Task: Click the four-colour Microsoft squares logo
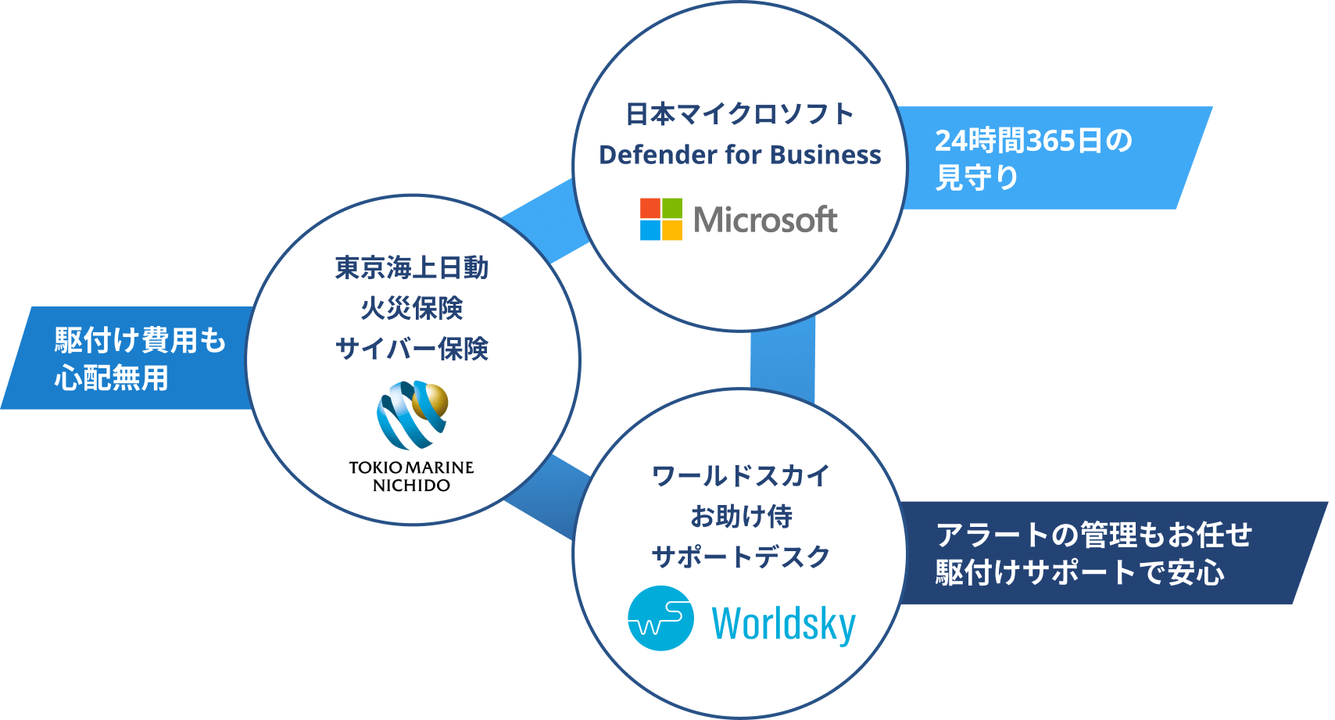click(660, 219)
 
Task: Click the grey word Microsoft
click(765, 220)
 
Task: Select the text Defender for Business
click(739, 155)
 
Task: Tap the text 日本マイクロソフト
click(739, 114)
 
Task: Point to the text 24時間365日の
click(1033, 141)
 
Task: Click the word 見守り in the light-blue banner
click(977, 178)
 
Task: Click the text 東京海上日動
click(412, 268)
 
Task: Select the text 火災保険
click(412, 308)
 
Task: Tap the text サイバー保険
click(412, 349)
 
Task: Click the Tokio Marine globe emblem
click(412, 414)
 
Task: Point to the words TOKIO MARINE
click(411, 467)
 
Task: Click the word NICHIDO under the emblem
click(411, 485)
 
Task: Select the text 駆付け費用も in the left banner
click(140, 341)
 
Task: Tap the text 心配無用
click(112, 378)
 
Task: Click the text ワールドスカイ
click(740, 475)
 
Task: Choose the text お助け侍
click(740, 516)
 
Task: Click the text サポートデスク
click(740, 557)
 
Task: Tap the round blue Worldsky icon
click(660, 618)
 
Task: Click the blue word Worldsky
click(783, 624)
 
